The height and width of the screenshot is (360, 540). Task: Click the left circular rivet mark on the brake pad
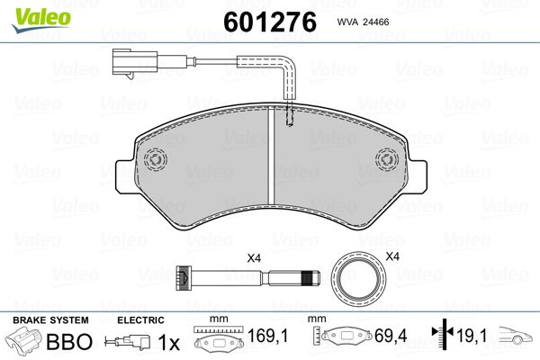pos(156,159)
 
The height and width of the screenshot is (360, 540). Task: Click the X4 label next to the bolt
pos(254,259)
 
